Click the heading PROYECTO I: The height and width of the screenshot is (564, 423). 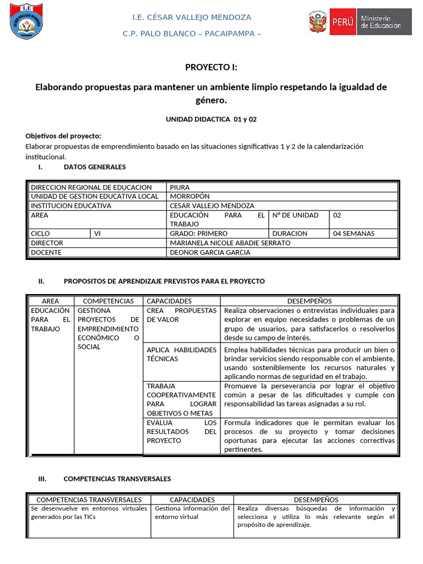211,67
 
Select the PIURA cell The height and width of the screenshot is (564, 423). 180,187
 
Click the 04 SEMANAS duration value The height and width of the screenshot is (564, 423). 354,234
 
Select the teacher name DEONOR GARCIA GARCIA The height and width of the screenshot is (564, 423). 210,252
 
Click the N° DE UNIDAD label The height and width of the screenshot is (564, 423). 295,215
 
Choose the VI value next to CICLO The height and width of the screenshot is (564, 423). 97,234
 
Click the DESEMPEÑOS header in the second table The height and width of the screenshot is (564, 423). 310,301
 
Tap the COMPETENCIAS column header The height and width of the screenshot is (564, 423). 108,301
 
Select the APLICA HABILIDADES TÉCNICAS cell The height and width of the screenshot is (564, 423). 181,354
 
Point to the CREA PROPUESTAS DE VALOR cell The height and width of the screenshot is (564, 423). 181,315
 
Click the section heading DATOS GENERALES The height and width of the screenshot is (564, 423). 95,167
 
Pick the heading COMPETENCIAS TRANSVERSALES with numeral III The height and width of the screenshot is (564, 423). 117,479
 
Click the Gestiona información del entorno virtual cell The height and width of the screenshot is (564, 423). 192,513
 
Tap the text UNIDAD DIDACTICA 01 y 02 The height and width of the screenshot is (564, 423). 211,119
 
